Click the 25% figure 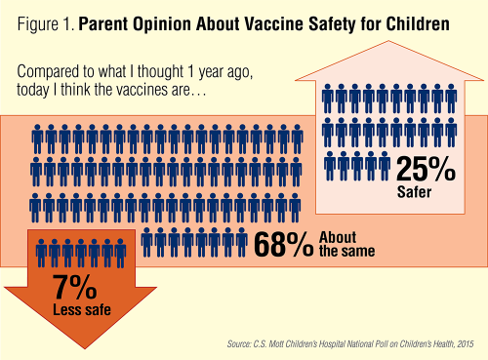point(425,168)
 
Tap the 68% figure point(283,246)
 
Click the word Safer point(414,192)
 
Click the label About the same point(346,245)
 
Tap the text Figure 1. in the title point(39,20)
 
